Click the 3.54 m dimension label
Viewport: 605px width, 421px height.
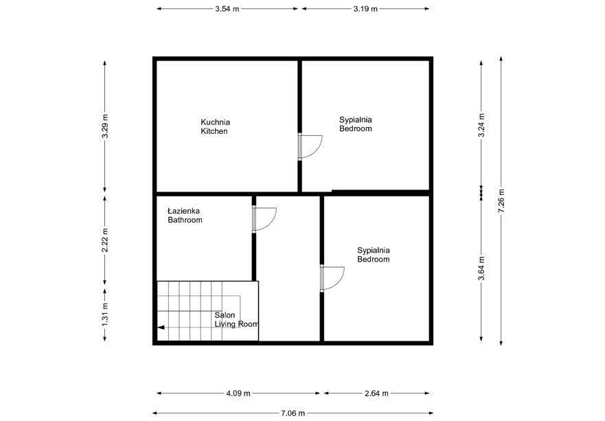pyautogui.click(x=227, y=9)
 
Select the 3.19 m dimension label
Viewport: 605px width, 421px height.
pyautogui.click(x=365, y=9)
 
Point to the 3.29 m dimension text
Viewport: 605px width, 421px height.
pyautogui.click(x=105, y=126)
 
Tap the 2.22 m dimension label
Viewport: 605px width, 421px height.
pyautogui.click(x=105, y=240)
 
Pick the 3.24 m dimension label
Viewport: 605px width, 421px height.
pyautogui.click(x=481, y=125)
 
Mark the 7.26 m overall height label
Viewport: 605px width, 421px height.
pyautogui.click(x=501, y=201)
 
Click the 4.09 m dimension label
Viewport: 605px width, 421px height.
pyautogui.click(x=238, y=394)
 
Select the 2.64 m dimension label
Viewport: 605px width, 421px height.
pyautogui.click(x=377, y=394)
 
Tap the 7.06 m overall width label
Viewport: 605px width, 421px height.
pyautogui.click(x=293, y=413)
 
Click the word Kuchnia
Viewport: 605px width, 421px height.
pyautogui.click(x=215, y=122)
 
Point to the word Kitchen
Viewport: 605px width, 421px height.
pyautogui.click(x=214, y=131)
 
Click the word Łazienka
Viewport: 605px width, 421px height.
pyautogui.click(x=184, y=212)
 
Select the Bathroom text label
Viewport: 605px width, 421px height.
pyautogui.click(x=185, y=220)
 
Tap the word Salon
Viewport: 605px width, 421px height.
pyautogui.click(x=225, y=315)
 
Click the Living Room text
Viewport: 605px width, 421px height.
pyautogui.click(x=236, y=324)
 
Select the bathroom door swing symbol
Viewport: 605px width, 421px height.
pyautogui.click(x=264, y=218)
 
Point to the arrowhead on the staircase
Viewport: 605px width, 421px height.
pyautogui.click(x=161, y=328)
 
